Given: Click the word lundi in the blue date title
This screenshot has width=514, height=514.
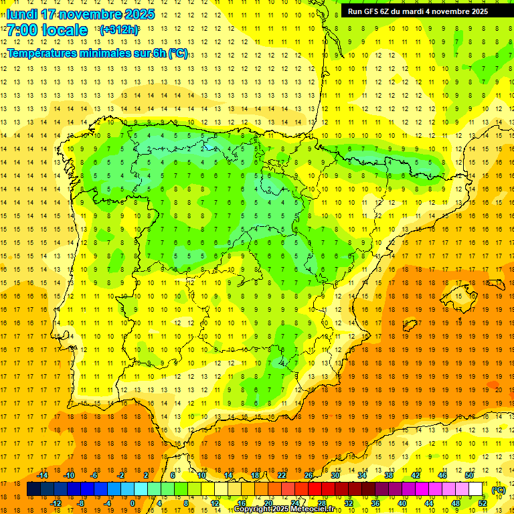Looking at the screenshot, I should pos(21,14).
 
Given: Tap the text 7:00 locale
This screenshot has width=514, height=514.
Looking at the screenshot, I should pos(47,30).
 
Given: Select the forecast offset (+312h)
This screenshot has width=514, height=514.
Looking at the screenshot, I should pos(118,30).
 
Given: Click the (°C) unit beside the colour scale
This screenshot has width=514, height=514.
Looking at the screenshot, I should pos(499,490).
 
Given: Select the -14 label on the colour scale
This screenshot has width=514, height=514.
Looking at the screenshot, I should pos(43,475).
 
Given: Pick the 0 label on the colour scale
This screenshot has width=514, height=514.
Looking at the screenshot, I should pos(133,503).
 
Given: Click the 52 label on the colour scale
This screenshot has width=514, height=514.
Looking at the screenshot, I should pos(483,503).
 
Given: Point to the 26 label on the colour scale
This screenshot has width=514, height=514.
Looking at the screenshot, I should pos(309,475).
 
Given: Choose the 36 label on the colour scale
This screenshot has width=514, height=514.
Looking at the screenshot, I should pos(375,503).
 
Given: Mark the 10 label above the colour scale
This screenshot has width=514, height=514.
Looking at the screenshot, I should pos(202,475).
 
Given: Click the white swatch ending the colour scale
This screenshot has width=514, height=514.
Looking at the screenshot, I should pos(476,489).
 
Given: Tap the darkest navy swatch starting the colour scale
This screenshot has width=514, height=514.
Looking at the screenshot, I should pos(33,489).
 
